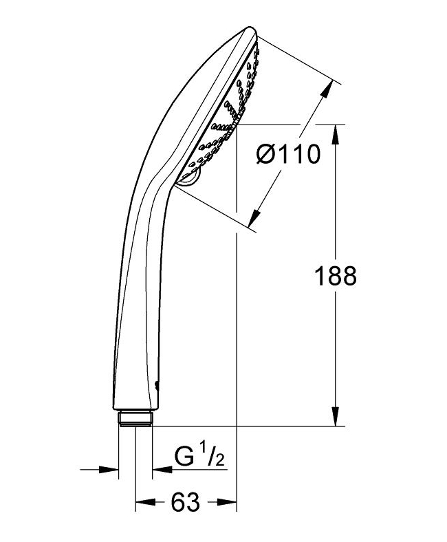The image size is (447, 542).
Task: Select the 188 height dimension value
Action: tap(336, 277)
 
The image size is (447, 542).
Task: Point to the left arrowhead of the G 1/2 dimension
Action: tap(110, 470)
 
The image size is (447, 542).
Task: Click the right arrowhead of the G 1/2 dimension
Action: tap(160, 470)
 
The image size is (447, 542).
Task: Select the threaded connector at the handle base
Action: tap(135, 419)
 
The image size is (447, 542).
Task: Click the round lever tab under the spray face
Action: tap(188, 180)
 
